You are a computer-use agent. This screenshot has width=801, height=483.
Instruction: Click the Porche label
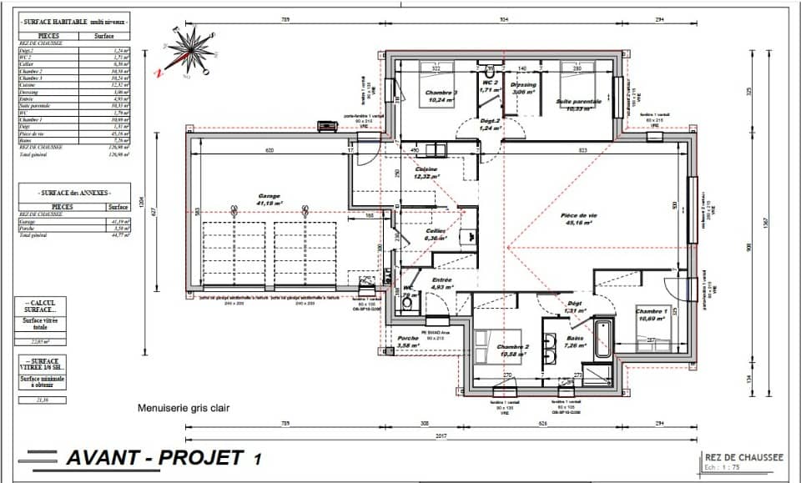[407, 341]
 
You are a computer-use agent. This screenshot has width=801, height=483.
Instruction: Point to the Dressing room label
[523, 84]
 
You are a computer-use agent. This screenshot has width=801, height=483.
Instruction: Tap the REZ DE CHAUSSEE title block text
[743, 457]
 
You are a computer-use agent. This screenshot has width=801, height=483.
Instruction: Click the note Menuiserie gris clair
[184, 409]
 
